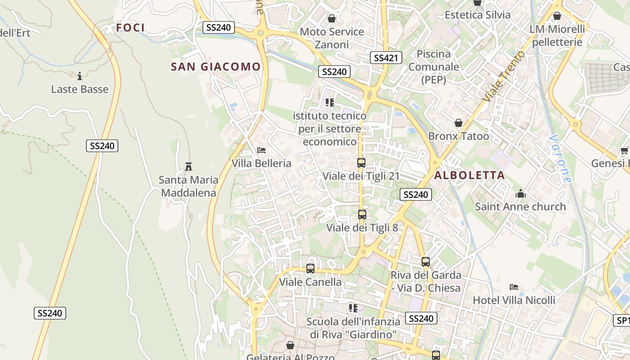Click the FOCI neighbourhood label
coord(130,28)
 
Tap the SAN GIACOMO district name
coord(216,67)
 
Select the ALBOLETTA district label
coord(469,175)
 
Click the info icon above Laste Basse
coord(80,76)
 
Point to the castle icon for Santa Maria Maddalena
coord(189,166)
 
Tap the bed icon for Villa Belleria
coord(261,150)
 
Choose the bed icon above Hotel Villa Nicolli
coord(514,287)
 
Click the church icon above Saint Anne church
coord(521,193)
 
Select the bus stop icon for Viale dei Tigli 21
coord(361,163)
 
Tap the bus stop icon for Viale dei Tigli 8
coord(362,215)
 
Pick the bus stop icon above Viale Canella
coord(310,269)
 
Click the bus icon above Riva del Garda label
coord(425,262)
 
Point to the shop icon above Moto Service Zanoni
coord(332,18)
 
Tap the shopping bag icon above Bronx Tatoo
coord(458,123)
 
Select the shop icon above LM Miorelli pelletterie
coord(557,16)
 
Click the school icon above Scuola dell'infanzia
coord(353,308)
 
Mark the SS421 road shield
coord(386,58)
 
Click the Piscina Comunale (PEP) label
coord(434,67)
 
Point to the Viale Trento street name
coord(503,76)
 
